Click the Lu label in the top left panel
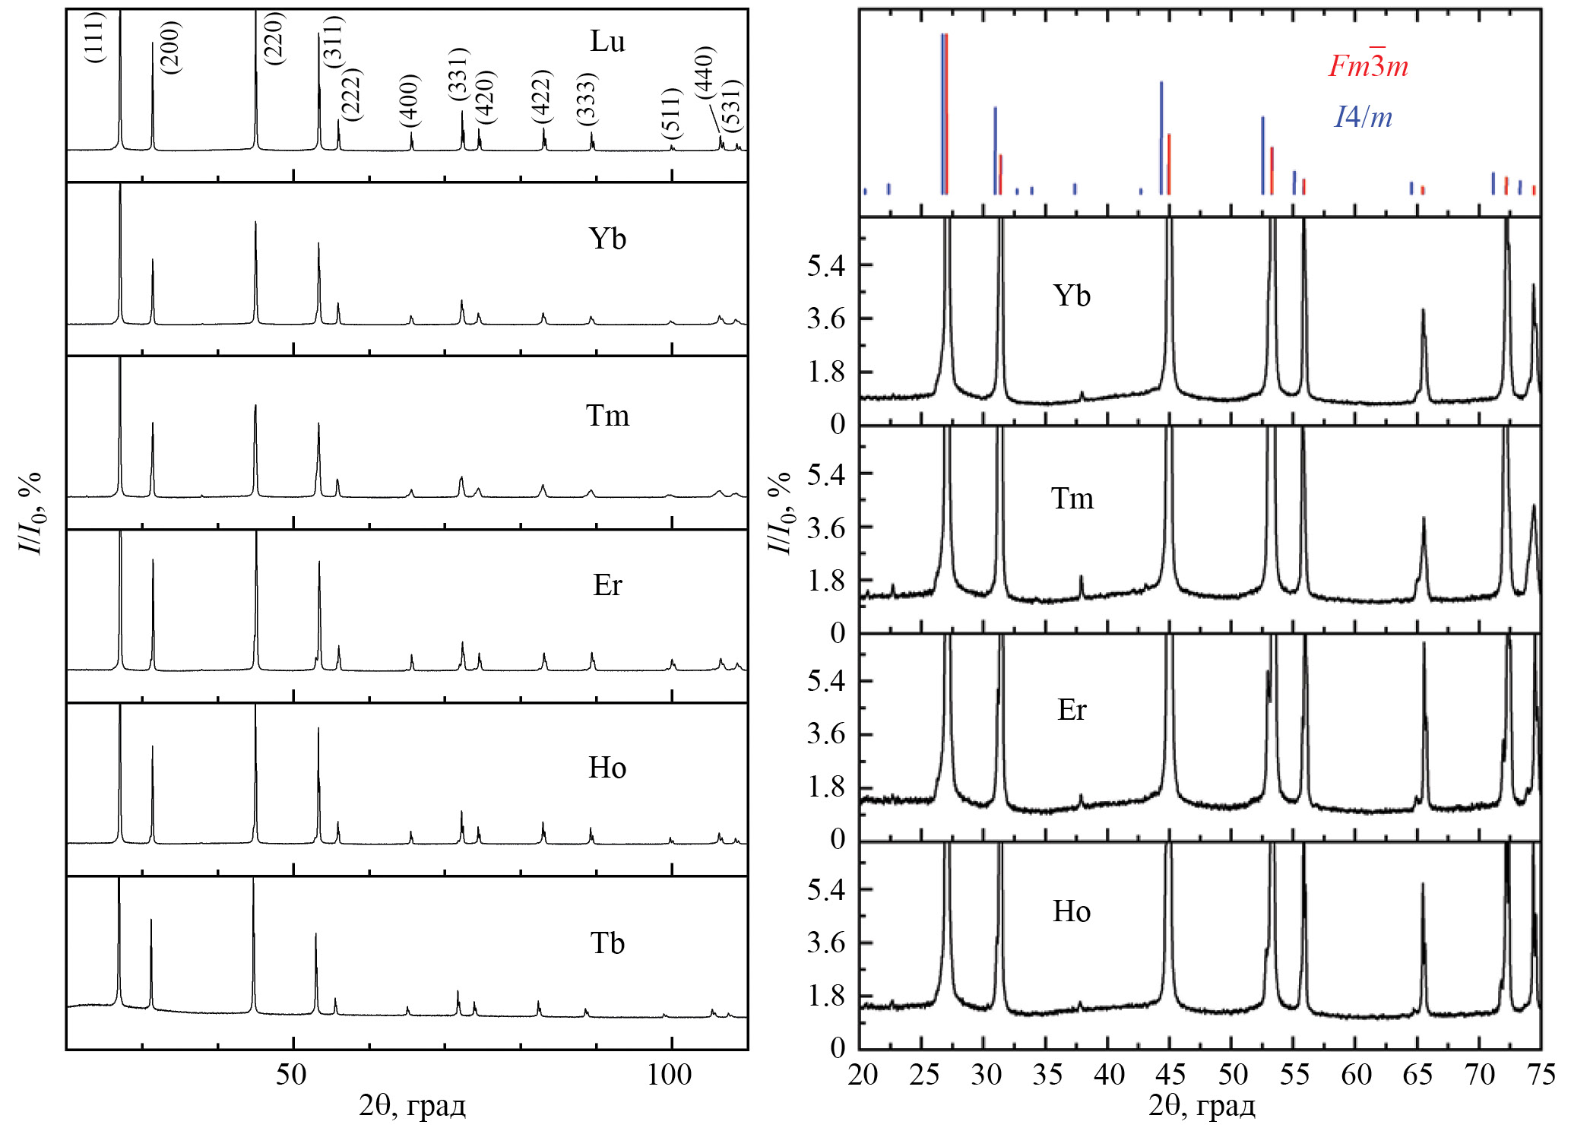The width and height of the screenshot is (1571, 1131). point(607,41)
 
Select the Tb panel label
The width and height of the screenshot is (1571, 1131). point(607,943)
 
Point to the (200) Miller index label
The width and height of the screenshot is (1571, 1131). point(172,47)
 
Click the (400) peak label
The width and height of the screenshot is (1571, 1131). point(409,100)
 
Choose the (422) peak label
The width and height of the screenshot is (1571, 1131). point(540,97)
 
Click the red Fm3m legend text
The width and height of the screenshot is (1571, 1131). point(1368,65)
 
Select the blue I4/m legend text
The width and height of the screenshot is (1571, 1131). point(1364,117)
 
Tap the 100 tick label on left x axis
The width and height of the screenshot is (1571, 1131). point(669,1075)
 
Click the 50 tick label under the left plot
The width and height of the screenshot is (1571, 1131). point(292,1075)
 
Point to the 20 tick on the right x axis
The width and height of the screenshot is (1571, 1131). point(863,1075)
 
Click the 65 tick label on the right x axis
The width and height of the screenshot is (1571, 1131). point(1417,1075)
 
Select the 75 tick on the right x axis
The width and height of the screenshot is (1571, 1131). point(1540,1075)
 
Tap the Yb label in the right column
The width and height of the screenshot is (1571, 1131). point(1072,296)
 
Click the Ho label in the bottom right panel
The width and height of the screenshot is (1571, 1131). point(1072,911)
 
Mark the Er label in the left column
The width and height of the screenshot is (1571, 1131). point(607,585)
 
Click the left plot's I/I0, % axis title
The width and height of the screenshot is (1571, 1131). point(30,514)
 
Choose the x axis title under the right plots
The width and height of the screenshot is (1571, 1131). point(1202,1106)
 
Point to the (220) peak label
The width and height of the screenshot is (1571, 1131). point(273,38)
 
